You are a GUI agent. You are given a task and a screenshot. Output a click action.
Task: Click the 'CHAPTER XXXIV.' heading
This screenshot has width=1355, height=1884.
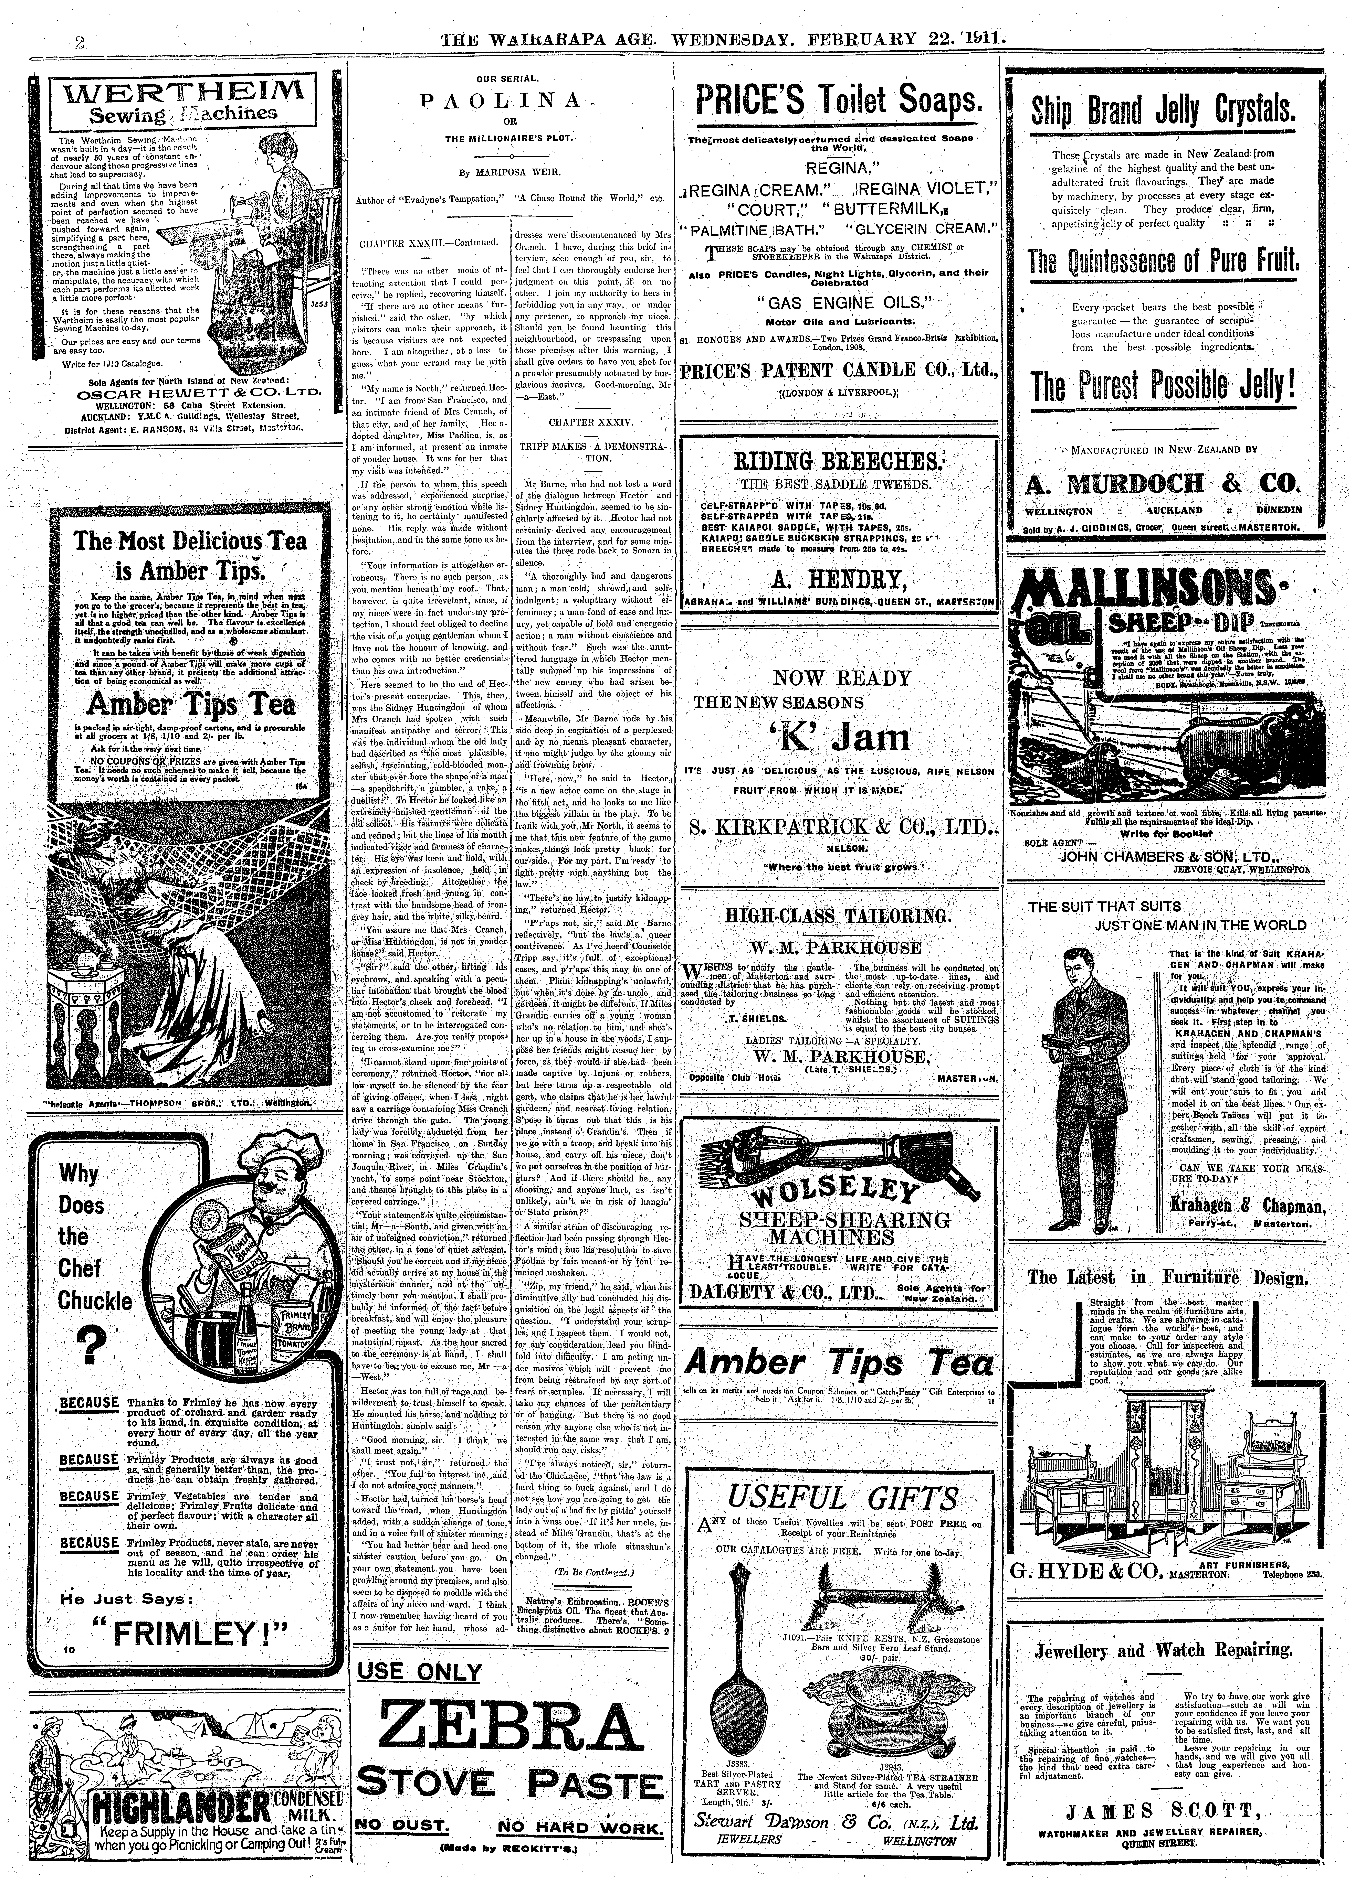pos(592,423)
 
